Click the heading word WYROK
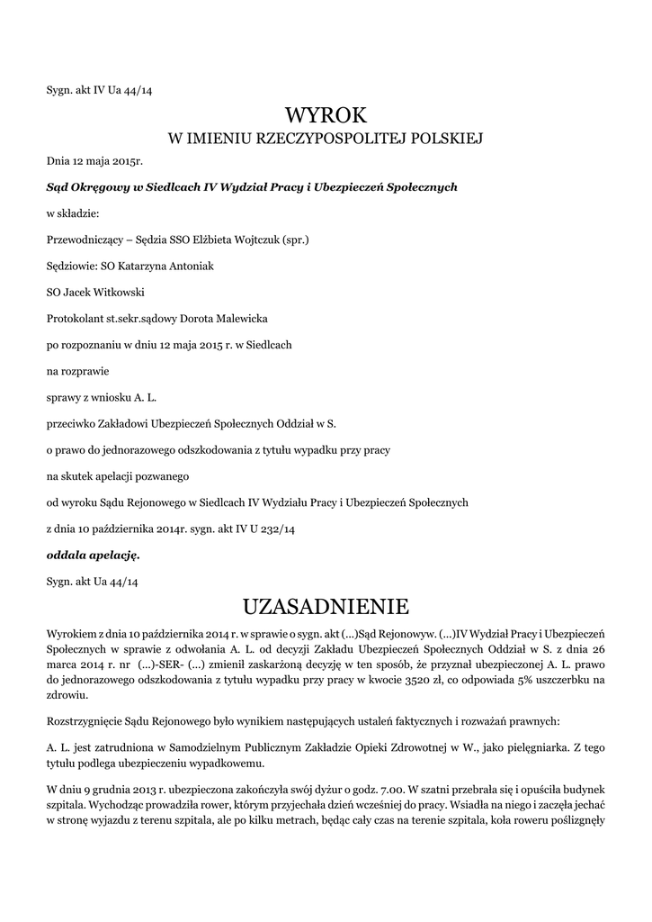pos(326,114)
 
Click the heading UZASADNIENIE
pos(326,603)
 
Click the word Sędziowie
pos(71,267)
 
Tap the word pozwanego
pos(165,475)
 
